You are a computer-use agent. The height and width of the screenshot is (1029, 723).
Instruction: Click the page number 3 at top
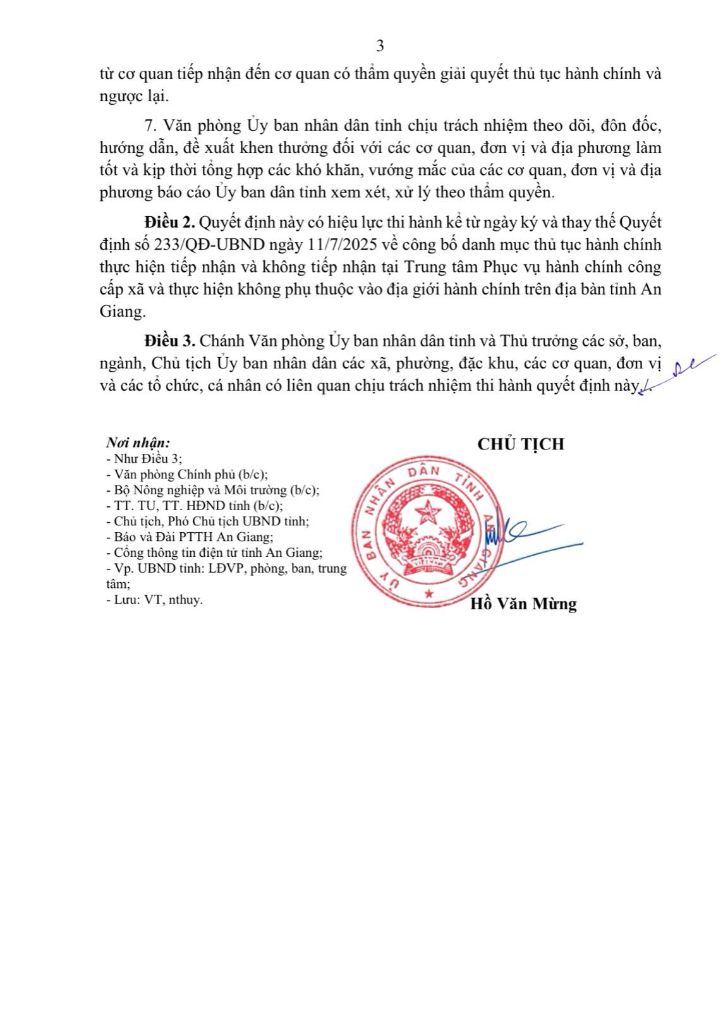click(x=380, y=46)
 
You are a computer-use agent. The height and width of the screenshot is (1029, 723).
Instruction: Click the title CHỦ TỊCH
click(x=521, y=444)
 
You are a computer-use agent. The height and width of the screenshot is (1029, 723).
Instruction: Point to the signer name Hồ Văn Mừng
click(x=523, y=604)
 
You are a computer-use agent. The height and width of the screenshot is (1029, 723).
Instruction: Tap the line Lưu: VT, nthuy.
click(x=155, y=600)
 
